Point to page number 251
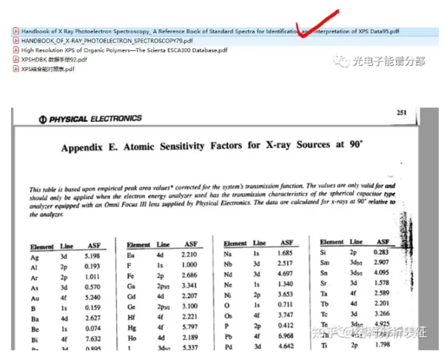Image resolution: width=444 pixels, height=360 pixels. tap(402, 112)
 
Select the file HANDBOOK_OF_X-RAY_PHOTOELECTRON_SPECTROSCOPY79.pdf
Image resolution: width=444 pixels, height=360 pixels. tap(96, 41)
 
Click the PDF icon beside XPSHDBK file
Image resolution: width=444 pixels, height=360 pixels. tap(16, 59)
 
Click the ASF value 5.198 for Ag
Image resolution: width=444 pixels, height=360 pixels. tap(92, 255)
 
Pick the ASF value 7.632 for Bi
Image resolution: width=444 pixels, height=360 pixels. tap(92, 338)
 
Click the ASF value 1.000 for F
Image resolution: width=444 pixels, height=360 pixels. tap(190, 265)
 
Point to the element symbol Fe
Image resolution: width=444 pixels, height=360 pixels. tap(132, 274)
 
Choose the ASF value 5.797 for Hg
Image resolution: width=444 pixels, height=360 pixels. tap(190, 326)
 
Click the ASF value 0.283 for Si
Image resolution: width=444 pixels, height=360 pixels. tap(382, 252)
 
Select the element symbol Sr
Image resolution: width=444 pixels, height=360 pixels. tap(324, 282)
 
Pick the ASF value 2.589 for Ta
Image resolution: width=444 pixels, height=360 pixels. tap(382, 293)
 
